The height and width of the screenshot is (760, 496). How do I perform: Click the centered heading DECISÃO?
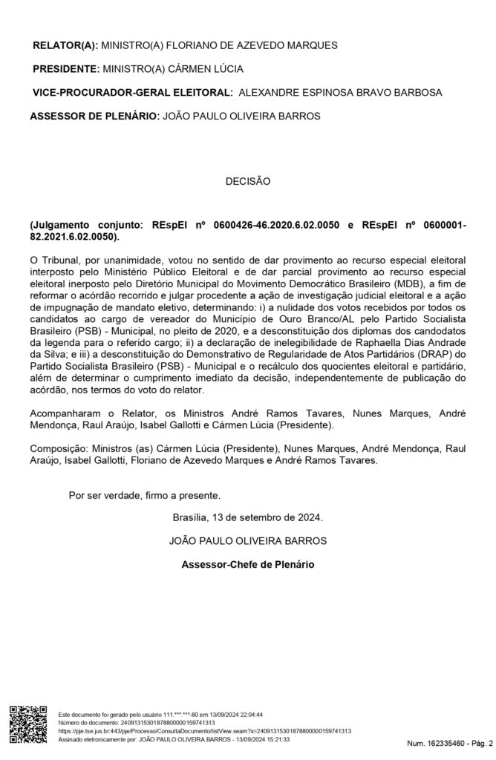click(248, 180)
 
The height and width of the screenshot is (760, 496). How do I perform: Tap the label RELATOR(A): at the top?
click(65, 45)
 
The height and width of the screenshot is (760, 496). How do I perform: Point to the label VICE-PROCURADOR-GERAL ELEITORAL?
click(131, 93)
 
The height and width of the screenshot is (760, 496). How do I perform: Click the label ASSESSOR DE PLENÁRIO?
click(94, 117)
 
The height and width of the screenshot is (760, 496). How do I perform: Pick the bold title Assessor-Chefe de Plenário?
click(247, 564)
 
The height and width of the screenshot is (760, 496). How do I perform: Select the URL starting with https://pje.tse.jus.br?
click(204, 731)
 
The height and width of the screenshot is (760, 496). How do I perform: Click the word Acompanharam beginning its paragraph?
click(65, 413)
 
